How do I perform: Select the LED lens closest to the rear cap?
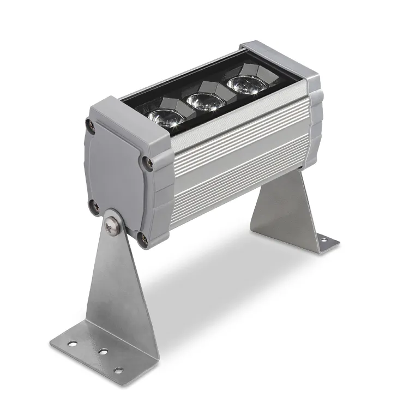click(x=243, y=85)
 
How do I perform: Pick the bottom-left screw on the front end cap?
click(x=94, y=206)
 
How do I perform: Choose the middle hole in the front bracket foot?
click(x=101, y=352)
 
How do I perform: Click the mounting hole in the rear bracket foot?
click(x=323, y=240)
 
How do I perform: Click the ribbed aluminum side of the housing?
click(x=234, y=164)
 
